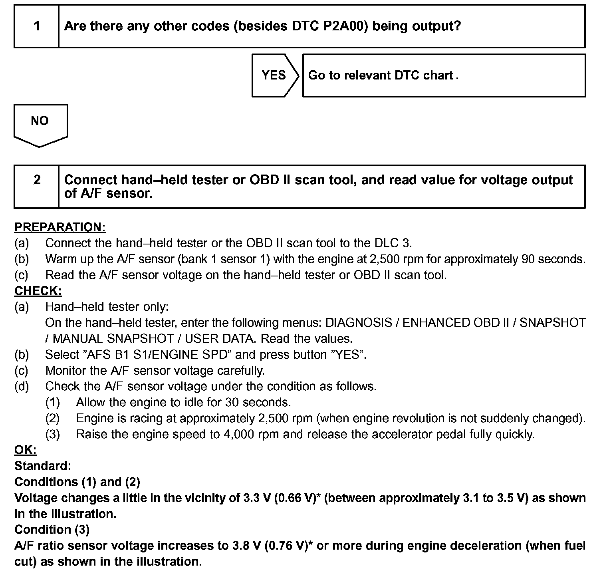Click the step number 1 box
[37, 26]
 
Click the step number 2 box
[37, 187]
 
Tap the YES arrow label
[274, 75]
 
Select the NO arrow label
[40, 121]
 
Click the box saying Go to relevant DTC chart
[443, 75]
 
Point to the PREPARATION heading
[60, 227]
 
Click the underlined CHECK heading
[38, 291]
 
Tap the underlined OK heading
[25, 450]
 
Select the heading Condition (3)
[52, 530]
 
